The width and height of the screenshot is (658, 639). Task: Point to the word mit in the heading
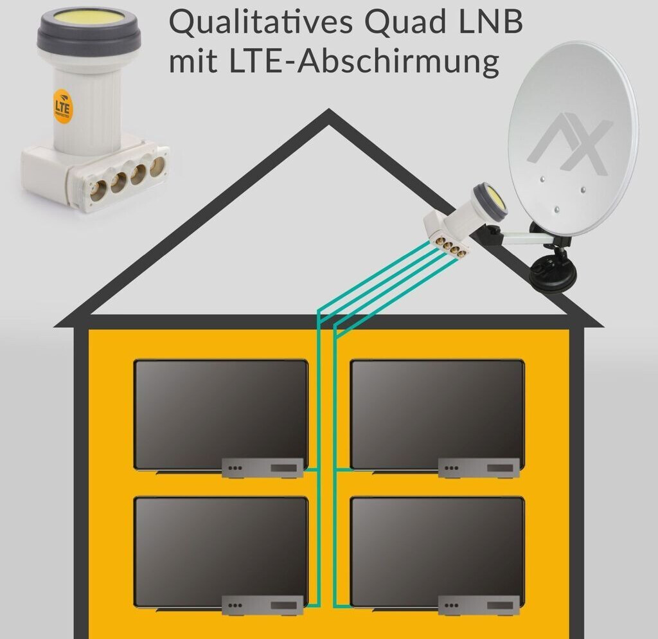tap(191, 63)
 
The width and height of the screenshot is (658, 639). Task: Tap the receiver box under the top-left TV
tap(263, 467)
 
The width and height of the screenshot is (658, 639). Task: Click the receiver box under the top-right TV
tap(479, 467)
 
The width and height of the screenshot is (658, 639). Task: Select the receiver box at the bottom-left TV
tap(263, 605)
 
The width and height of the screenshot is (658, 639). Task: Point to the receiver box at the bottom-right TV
tap(479, 605)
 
